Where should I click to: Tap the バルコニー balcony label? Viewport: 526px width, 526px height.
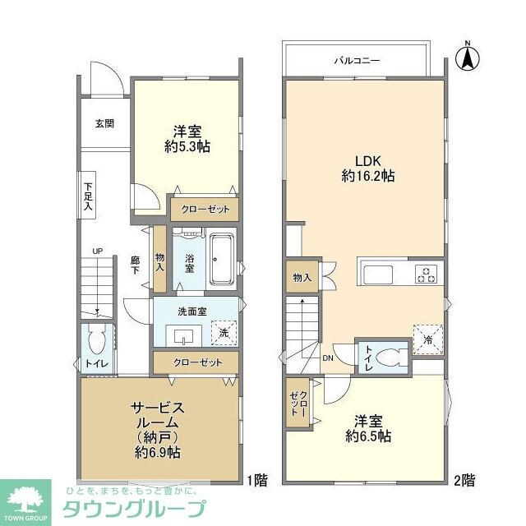click(355, 60)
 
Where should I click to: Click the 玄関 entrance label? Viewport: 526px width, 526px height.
click(104, 124)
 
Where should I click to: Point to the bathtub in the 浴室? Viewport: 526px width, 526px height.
click(223, 258)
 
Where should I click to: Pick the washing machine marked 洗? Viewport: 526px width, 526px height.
click(221, 333)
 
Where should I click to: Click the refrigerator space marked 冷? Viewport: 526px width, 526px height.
click(428, 336)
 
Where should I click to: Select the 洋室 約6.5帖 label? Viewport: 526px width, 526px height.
click(367, 427)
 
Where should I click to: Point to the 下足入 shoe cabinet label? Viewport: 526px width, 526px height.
click(88, 192)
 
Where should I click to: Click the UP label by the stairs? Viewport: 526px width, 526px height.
click(97, 251)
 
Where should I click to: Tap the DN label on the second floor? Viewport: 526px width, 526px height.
click(328, 358)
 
